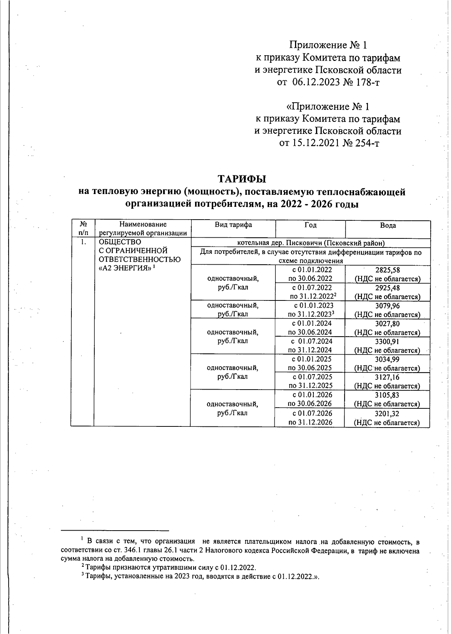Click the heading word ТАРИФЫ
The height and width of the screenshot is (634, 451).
coord(242,178)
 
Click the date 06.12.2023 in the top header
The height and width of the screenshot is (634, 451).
coord(316,82)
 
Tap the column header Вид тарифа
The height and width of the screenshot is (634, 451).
coord(233,225)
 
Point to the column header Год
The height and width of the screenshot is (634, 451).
coord(310,225)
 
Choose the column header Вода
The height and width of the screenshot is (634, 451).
coord(387,225)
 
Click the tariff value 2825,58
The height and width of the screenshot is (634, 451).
coord(387,270)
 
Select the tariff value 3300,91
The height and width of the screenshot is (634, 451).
coord(387,342)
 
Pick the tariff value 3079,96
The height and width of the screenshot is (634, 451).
coord(387,306)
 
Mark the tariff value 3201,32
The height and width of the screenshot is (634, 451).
coord(387,414)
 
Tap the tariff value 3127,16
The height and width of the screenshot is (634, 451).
coord(387,377)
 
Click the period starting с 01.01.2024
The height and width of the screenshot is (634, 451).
coord(310,323)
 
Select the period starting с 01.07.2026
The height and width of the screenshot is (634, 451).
coord(310,413)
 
